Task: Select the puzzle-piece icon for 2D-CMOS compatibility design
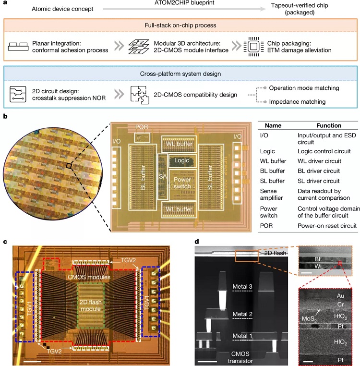(x=138, y=95)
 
